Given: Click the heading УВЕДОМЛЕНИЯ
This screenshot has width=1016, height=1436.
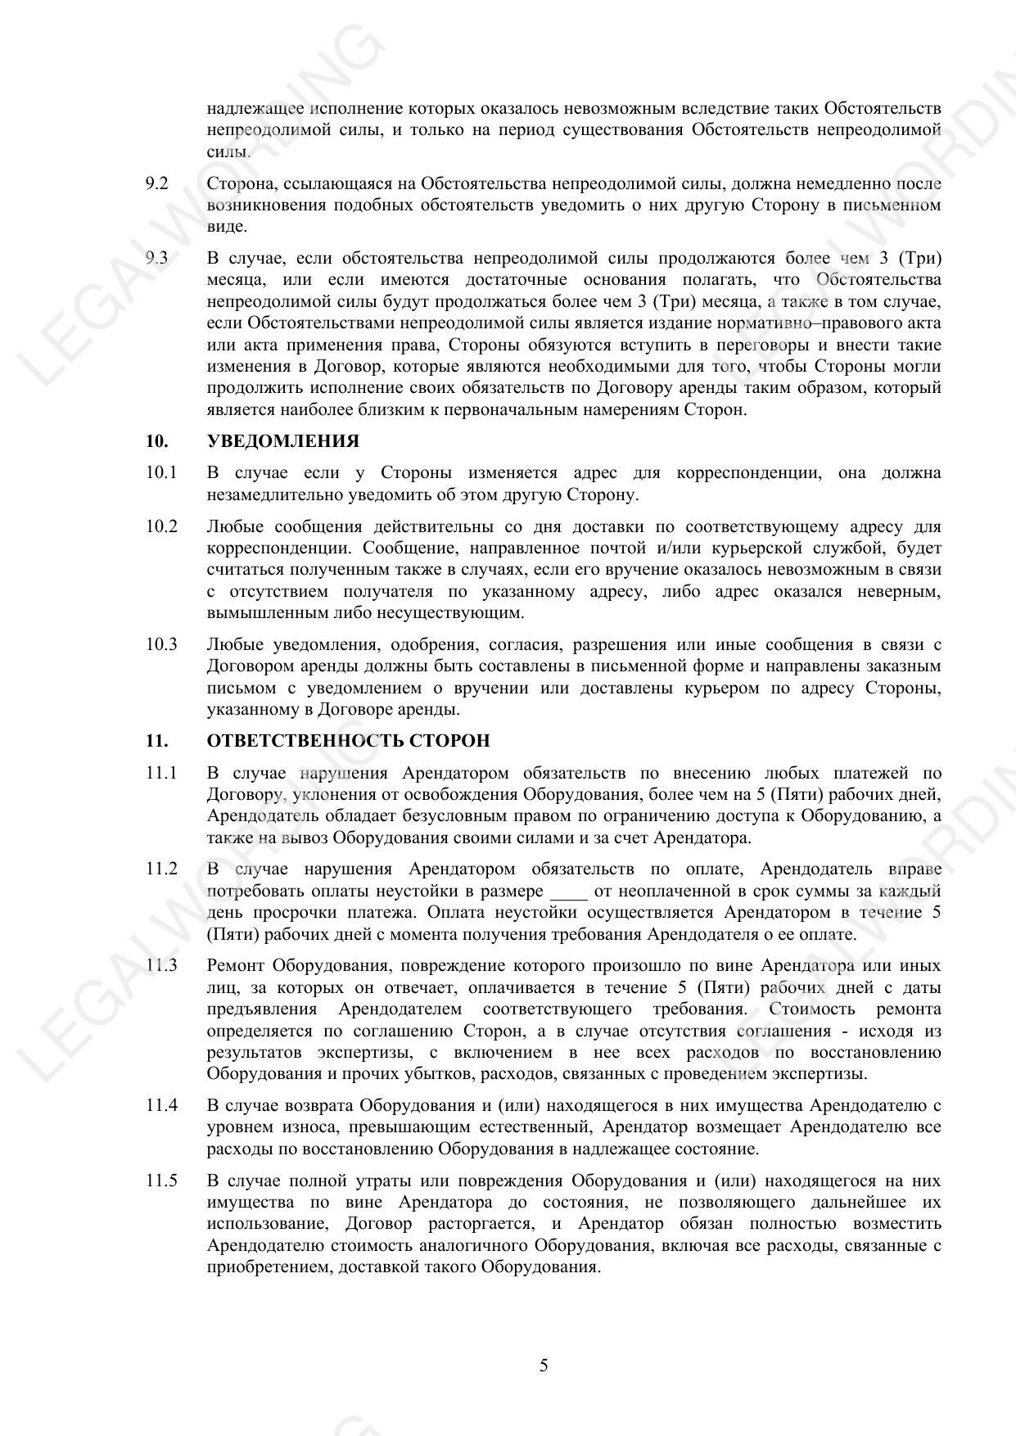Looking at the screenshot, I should [282, 441].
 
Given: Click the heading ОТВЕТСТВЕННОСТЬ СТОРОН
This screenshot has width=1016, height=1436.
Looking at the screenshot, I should [348, 741].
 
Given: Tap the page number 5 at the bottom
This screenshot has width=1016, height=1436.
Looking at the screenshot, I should [544, 1366].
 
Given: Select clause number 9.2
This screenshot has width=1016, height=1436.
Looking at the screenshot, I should [156, 183].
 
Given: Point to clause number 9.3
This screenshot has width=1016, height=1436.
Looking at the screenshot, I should [156, 259].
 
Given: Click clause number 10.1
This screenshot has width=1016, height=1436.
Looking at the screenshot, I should [161, 473].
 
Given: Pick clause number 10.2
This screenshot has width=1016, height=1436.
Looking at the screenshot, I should [161, 526].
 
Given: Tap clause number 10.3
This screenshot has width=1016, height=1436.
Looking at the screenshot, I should [161, 644].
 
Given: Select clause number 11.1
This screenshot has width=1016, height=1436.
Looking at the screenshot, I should [161, 773].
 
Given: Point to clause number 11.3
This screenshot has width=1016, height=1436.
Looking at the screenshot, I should [161, 966].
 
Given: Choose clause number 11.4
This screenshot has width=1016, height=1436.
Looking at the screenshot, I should [161, 1105].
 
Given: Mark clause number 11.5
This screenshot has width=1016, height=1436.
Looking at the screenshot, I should [161, 1181].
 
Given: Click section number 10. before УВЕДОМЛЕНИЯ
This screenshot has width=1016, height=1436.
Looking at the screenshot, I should [157, 441].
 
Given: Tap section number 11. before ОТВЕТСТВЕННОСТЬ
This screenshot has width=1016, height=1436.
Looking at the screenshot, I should [157, 741].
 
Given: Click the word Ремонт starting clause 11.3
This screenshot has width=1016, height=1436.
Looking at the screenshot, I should [237, 966].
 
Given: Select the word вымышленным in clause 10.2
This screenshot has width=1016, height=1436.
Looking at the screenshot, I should [258, 613].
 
